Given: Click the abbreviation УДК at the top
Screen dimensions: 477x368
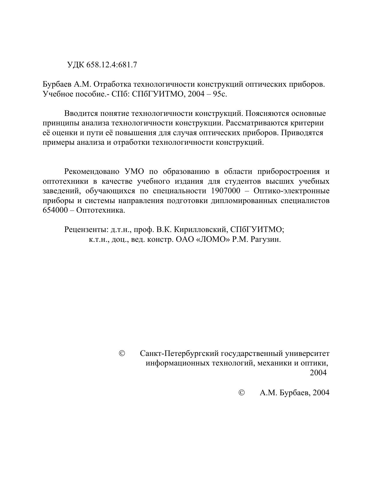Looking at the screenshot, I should [x=76, y=65].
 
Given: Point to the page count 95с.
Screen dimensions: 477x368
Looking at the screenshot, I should [x=220, y=94].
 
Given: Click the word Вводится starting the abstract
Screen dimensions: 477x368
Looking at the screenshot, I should [x=80, y=113].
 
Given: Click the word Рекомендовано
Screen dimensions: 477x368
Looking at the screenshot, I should [x=92, y=172].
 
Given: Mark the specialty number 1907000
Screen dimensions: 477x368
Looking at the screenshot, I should [x=224, y=191].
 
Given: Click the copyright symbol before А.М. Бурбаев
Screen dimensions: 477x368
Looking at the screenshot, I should [x=242, y=393].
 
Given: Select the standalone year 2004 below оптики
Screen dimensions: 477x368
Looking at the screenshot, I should [x=318, y=373].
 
